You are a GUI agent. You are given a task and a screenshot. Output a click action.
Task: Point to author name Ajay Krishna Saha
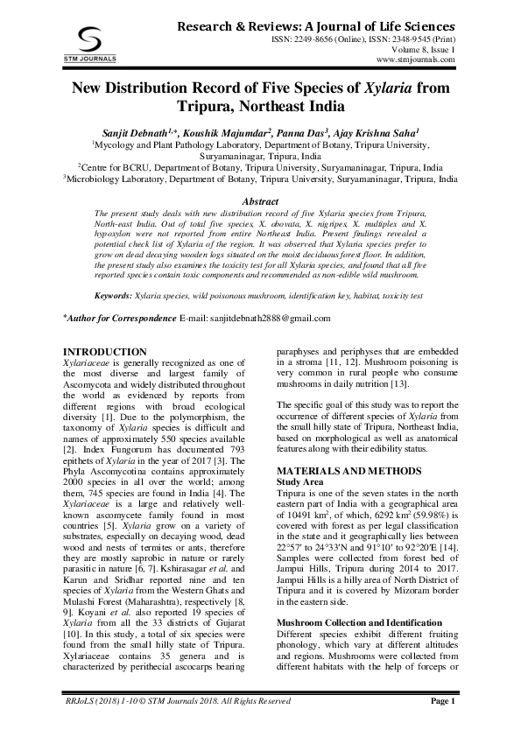(x=379, y=132)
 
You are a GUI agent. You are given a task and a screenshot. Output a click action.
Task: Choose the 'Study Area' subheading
(x=303, y=482)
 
